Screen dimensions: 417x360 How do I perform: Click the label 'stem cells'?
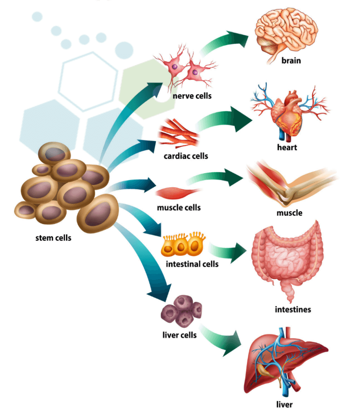53,238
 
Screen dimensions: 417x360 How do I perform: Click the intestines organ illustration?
287,258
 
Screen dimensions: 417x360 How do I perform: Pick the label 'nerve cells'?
192,96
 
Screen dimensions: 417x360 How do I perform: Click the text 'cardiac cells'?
186,156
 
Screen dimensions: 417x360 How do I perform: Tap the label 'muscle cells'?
179,207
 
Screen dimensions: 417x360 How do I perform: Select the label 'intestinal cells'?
192,264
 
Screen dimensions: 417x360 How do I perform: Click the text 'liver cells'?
180,335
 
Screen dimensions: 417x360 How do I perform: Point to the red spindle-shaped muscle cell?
178,193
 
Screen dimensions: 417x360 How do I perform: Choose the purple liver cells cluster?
182,311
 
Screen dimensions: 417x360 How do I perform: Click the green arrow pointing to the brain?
224,44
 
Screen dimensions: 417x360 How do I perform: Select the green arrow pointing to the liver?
222,339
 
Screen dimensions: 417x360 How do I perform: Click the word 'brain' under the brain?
291,61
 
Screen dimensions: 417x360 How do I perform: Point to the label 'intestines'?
293,309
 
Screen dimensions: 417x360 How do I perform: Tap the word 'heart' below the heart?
287,147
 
